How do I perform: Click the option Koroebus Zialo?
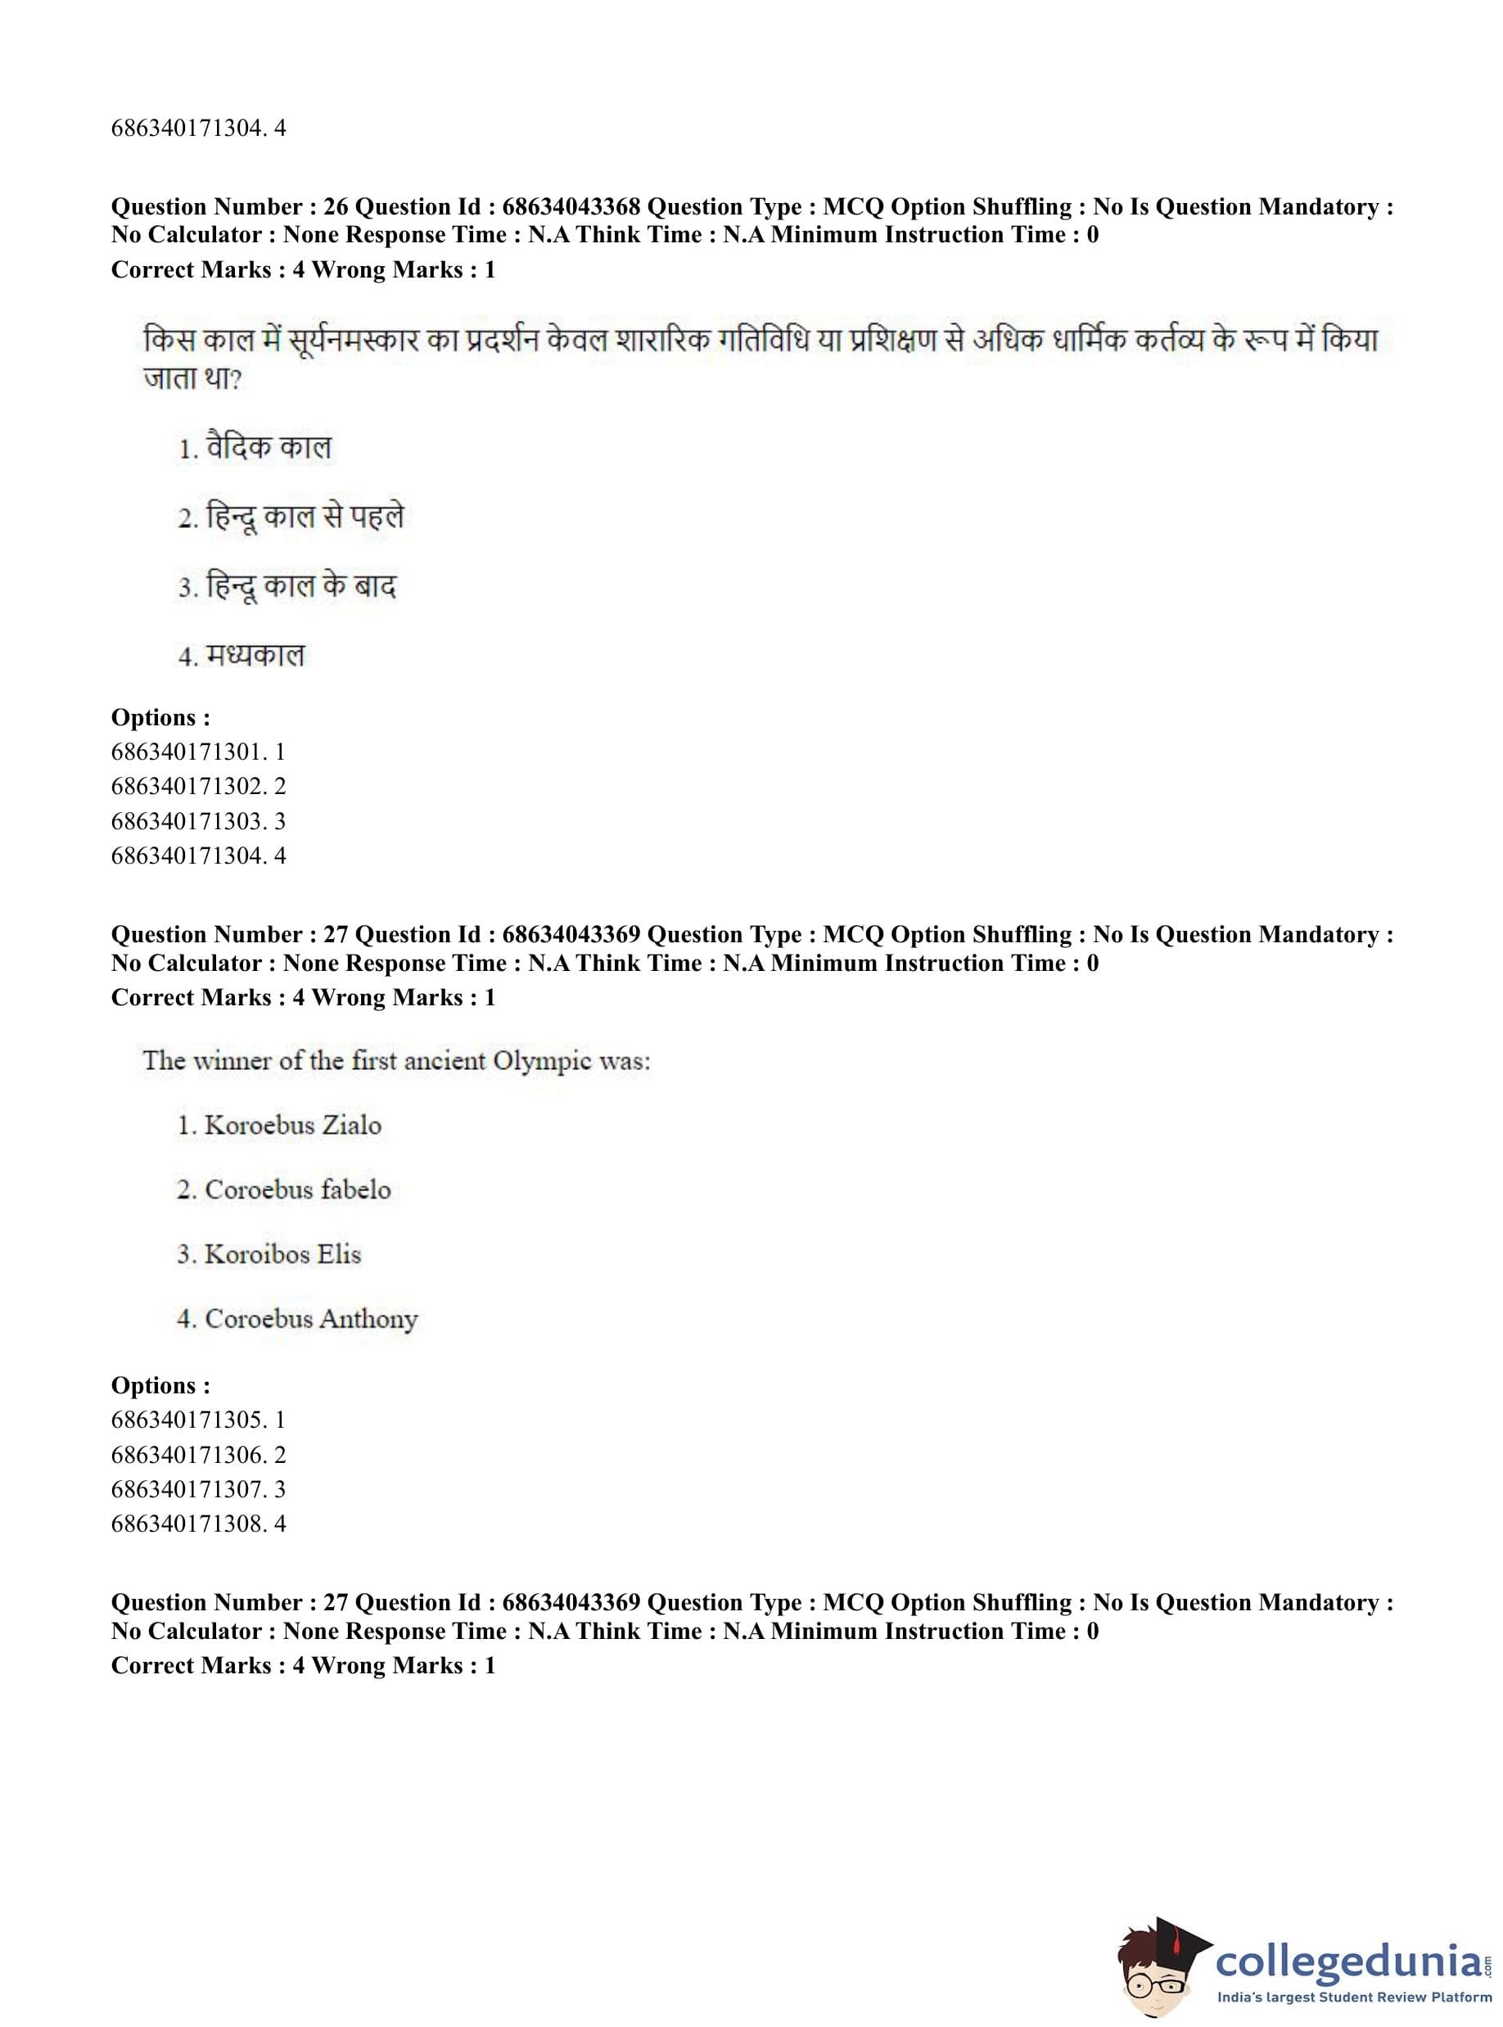pyautogui.click(x=292, y=1126)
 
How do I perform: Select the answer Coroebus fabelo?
pyautogui.click(x=296, y=1190)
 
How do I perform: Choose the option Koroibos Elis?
pyautogui.click(x=282, y=1254)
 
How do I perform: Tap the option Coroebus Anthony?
pyautogui.click(x=310, y=1319)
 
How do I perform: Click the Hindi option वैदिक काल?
pyautogui.click(x=269, y=448)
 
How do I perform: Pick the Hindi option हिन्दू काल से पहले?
pyautogui.click(x=304, y=517)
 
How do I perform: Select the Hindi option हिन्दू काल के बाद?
pyautogui.click(x=300, y=586)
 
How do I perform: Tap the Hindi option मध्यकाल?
pyautogui.click(x=255, y=655)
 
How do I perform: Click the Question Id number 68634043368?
pyautogui.click(x=571, y=206)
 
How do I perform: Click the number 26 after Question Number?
pyautogui.click(x=336, y=206)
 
